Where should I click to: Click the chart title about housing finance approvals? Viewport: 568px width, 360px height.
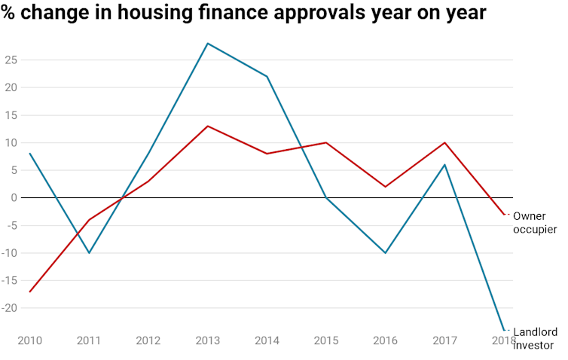(243, 14)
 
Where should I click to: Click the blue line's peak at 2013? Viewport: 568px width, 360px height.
(207, 43)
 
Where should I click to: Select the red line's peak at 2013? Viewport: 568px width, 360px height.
(207, 126)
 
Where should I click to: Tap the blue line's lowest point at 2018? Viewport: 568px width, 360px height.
(504, 330)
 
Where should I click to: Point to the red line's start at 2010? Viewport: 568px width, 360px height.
(30, 291)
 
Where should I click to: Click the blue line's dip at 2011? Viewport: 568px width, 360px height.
(90, 253)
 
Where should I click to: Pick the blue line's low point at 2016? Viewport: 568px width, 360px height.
(386, 253)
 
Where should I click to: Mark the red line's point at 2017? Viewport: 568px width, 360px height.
(445, 142)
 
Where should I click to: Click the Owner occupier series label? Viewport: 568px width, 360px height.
(534, 222)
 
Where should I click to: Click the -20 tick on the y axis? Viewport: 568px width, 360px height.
(10, 308)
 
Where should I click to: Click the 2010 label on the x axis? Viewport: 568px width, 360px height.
(30, 341)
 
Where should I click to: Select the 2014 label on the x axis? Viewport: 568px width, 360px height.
(267, 341)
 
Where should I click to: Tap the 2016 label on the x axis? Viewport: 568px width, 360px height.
(386, 341)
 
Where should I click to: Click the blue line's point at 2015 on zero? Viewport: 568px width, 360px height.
(326, 197)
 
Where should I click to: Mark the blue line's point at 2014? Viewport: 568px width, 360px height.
(267, 76)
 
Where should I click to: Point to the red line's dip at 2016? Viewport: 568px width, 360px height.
(386, 187)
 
